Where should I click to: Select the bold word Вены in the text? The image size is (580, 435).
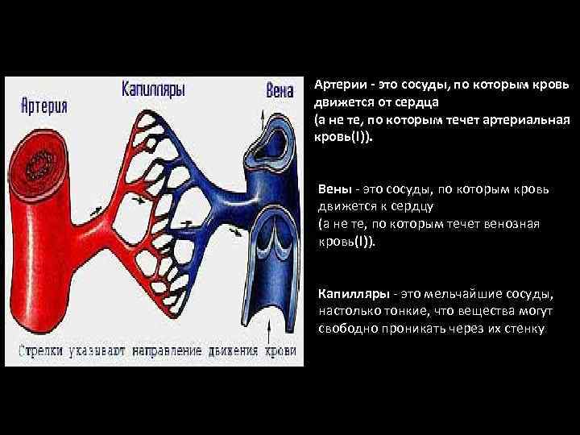click(x=335, y=189)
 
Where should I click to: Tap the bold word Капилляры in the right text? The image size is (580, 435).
click(x=349, y=294)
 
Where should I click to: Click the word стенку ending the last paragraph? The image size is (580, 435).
click(x=524, y=329)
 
